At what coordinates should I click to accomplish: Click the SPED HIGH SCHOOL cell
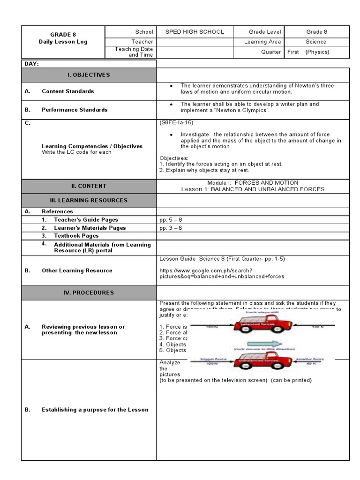(x=195, y=32)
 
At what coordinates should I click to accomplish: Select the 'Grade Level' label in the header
(x=265, y=32)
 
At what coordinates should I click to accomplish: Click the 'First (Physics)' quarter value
(x=308, y=52)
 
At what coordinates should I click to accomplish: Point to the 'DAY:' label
(x=31, y=64)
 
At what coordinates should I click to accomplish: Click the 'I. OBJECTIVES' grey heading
(x=89, y=75)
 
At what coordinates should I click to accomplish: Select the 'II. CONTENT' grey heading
(x=89, y=186)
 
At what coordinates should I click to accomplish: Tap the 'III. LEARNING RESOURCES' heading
(x=89, y=200)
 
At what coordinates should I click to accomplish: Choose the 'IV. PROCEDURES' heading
(x=89, y=292)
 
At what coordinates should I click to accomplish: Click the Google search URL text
(x=221, y=273)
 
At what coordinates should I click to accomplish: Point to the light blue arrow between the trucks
(x=264, y=344)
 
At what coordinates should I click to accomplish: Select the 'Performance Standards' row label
(x=75, y=110)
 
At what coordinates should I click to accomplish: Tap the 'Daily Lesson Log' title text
(x=63, y=42)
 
